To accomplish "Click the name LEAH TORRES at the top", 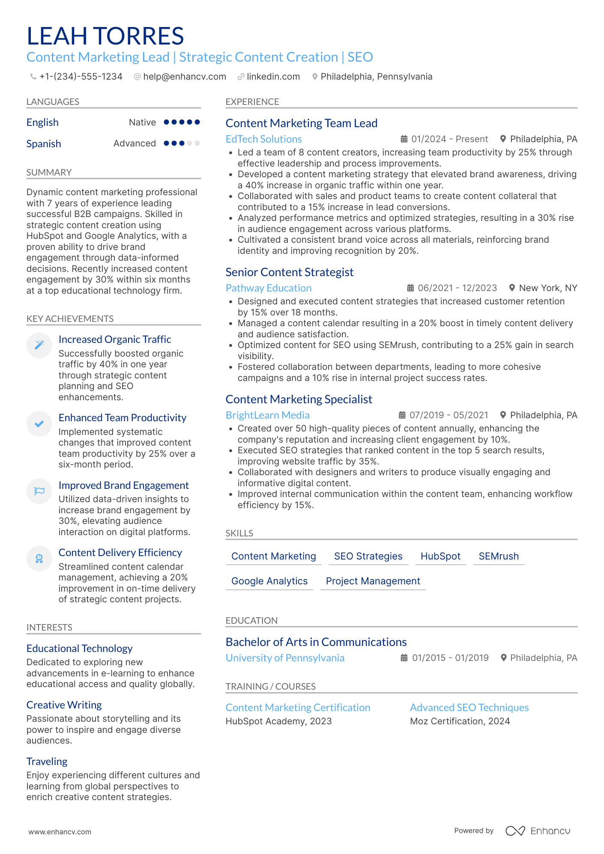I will [105, 36].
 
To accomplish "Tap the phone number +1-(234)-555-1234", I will [81, 77].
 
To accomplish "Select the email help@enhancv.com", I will [185, 77].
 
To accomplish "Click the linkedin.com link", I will [273, 77].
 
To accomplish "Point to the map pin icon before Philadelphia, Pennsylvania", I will [315, 77].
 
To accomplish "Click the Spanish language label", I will [44, 144].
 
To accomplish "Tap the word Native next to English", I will [142, 122].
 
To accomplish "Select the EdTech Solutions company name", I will [263, 139].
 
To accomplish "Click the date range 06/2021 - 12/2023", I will [457, 288].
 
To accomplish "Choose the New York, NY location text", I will [548, 288].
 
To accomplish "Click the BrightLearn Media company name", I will [267, 415].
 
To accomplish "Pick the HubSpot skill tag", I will [440, 556].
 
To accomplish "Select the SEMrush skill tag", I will [499, 556].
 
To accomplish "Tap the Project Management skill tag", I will [373, 581].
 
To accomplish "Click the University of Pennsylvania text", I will [285, 658].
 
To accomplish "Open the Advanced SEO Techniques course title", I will [469, 708].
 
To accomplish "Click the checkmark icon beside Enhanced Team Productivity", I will [39, 424].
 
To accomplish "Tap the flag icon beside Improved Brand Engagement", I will [39, 491].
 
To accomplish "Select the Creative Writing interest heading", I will [64, 705].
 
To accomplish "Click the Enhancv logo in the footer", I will [538, 831].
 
